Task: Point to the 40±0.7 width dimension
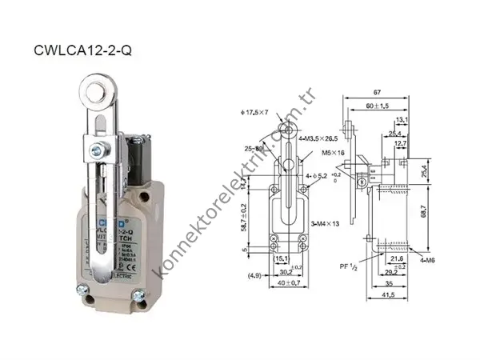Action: [x=280, y=284]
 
